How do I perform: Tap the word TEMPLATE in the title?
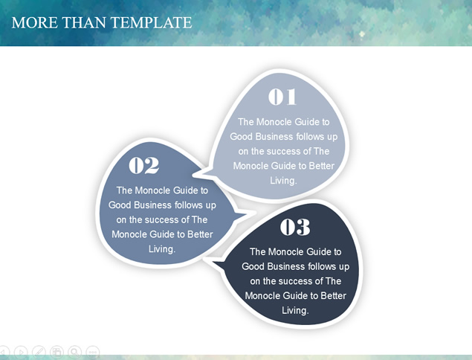tap(152, 22)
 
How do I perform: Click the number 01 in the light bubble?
tap(282, 97)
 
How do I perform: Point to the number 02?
tap(144, 165)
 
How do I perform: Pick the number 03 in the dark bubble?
tap(295, 227)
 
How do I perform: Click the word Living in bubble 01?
tap(283, 181)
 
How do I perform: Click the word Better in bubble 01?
tap(322, 166)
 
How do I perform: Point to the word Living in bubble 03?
tap(295, 310)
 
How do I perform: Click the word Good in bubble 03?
tap(253, 266)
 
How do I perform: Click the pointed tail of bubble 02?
tap(253, 213)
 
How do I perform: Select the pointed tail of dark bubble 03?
tap(206, 259)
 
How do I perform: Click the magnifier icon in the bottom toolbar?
tap(74, 352)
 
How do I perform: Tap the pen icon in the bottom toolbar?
tap(39, 352)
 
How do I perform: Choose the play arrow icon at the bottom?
tap(21, 352)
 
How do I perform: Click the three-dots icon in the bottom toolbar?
tap(93, 352)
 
